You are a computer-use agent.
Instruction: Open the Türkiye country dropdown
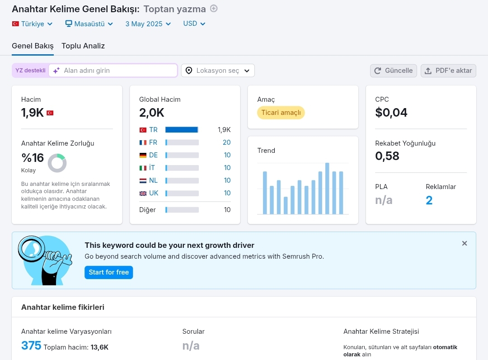point(33,24)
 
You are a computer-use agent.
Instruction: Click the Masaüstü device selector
point(89,24)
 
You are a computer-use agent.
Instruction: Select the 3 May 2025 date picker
point(148,24)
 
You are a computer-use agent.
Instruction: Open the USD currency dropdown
point(194,24)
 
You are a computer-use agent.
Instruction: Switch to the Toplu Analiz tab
point(83,46)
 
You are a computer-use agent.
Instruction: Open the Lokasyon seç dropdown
point(218,71)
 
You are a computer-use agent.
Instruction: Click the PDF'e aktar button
point(448,71)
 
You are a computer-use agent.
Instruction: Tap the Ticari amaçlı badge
point(281,113)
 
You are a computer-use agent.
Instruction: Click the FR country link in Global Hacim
point(153,142)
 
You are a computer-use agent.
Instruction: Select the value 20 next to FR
point(226,142)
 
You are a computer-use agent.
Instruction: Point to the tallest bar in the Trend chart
point(327,189)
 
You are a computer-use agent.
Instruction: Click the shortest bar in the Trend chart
point(286,205)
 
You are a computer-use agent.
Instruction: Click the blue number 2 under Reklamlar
point(429,200)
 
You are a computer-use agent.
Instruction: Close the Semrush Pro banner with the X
point(465,243)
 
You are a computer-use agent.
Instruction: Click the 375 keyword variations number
point(31,346)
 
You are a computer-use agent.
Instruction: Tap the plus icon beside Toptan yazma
point(213,9)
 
